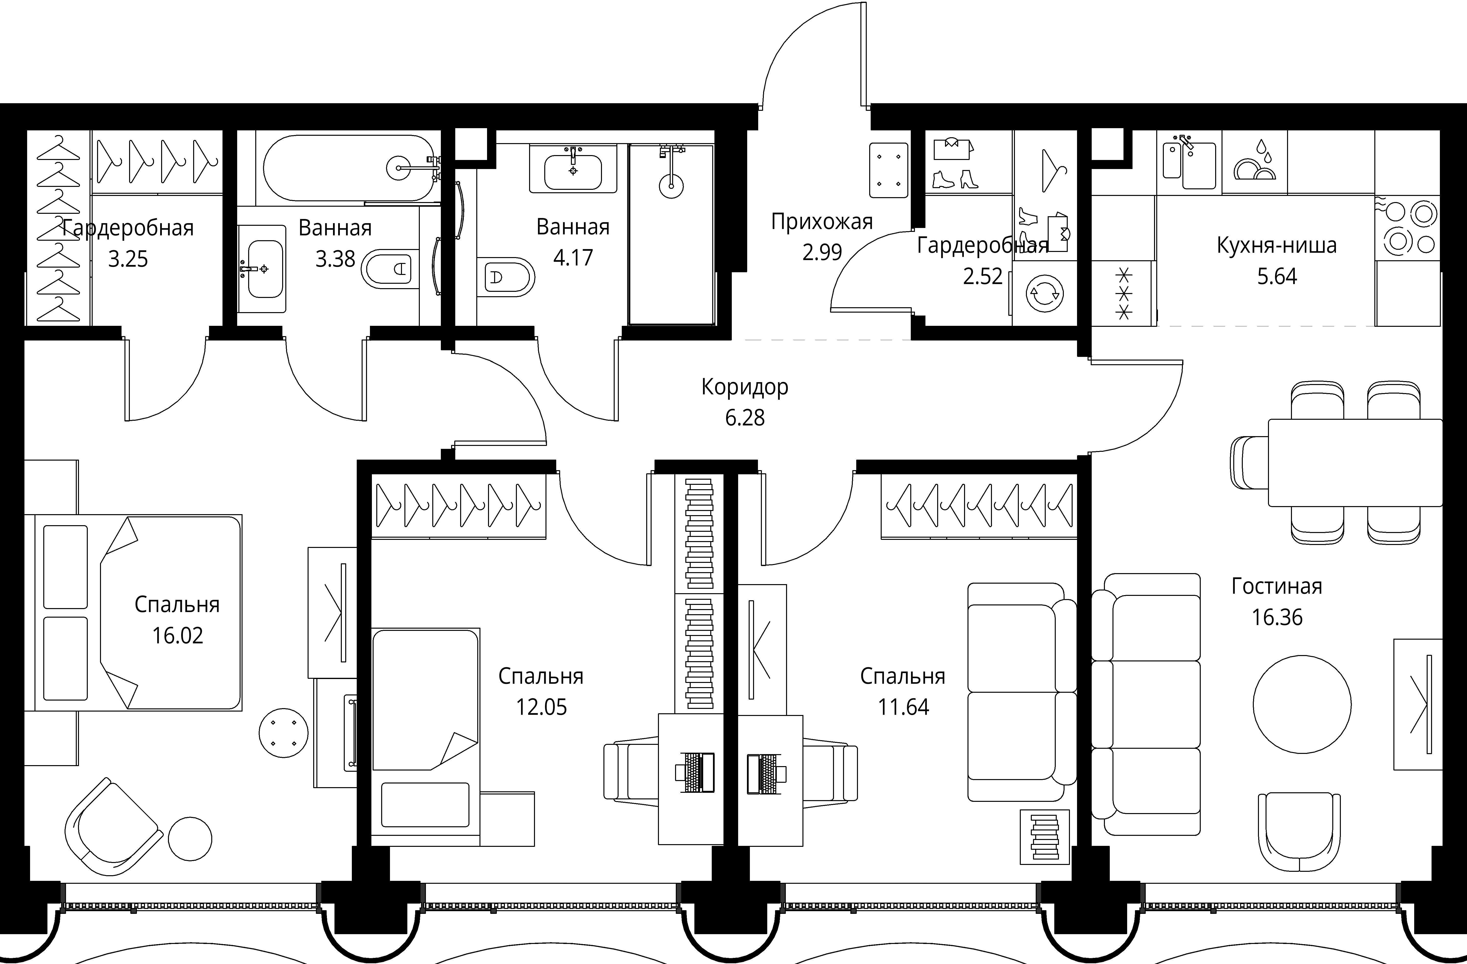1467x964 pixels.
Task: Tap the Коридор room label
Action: [x=745, y=387]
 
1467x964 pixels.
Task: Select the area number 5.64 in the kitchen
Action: [x=1277, y=276]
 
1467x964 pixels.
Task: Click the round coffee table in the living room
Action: [x=1302, y=704]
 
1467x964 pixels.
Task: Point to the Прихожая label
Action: [x=822, y=221]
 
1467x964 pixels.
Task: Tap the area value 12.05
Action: [x=541, y=707]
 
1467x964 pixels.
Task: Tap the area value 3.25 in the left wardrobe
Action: [x=128, y=259]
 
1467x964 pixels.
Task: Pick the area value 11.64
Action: [x=903, y=707]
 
